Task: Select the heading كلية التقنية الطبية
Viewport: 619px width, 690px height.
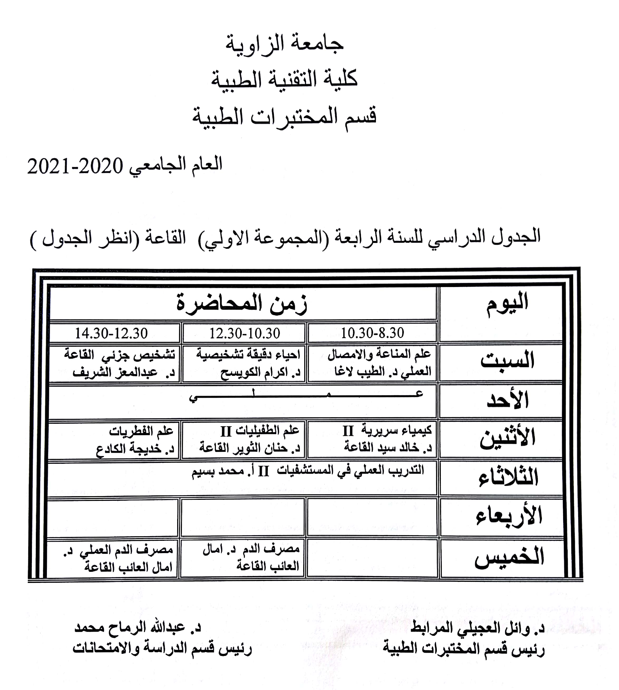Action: point(284,80)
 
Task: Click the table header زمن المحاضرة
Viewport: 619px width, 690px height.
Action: point(242,303)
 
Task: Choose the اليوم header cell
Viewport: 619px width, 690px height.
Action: point(507,303)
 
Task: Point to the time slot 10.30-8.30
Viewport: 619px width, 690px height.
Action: point(372,333)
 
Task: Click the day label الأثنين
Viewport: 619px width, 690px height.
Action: point(507,438)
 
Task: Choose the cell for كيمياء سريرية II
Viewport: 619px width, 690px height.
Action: point(387,439)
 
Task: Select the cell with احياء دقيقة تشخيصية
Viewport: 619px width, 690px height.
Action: point(248,363)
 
